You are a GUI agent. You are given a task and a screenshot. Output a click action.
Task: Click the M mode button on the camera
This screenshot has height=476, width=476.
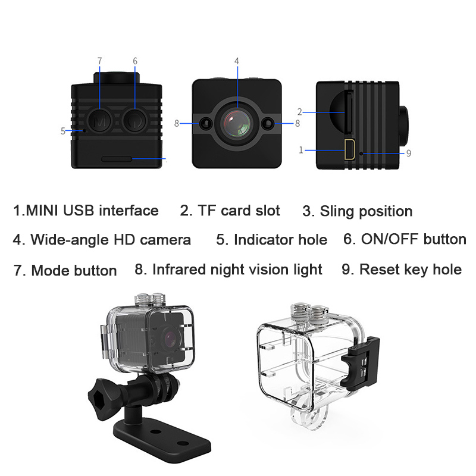tap(99, 121)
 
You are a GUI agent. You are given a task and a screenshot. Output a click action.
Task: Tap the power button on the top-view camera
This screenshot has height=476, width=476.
tap(135, 121)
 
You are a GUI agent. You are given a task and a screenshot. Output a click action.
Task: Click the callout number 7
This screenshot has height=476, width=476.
tap(99, 61)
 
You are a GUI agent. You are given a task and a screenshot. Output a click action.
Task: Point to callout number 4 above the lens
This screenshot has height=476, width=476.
tap(236, 61)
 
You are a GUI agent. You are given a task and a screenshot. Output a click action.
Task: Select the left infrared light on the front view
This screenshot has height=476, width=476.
tap(206, 124)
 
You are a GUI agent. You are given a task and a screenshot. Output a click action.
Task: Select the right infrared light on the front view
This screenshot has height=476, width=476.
tap(268, 124)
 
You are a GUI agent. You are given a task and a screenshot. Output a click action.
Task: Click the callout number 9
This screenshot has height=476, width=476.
tap(409, 154)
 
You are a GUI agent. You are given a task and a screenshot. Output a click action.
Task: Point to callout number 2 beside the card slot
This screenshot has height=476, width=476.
tap(300, 112)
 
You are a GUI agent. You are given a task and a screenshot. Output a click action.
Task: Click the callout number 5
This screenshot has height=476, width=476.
tap(63, 131)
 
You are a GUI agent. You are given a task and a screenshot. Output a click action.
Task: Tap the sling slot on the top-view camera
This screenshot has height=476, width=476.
tap(117, 159)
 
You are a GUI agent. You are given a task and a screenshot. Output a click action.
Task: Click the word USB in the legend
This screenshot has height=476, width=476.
tap(79, 211)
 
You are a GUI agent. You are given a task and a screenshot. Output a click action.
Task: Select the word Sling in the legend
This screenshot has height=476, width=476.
tap(337, 212)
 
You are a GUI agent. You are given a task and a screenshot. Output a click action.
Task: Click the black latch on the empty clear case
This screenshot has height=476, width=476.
tap(361, 363)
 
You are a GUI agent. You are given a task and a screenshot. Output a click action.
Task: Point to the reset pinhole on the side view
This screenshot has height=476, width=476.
tap(361, 154)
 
